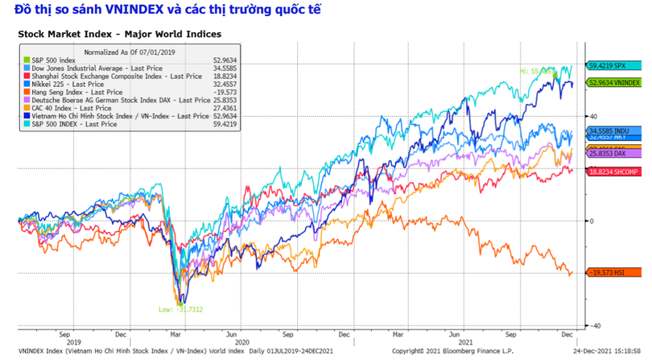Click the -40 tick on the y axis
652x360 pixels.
(x=592, y=325)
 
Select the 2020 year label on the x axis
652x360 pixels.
(x=233, y=341)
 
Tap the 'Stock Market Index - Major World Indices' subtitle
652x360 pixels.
(x=119, y=35)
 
